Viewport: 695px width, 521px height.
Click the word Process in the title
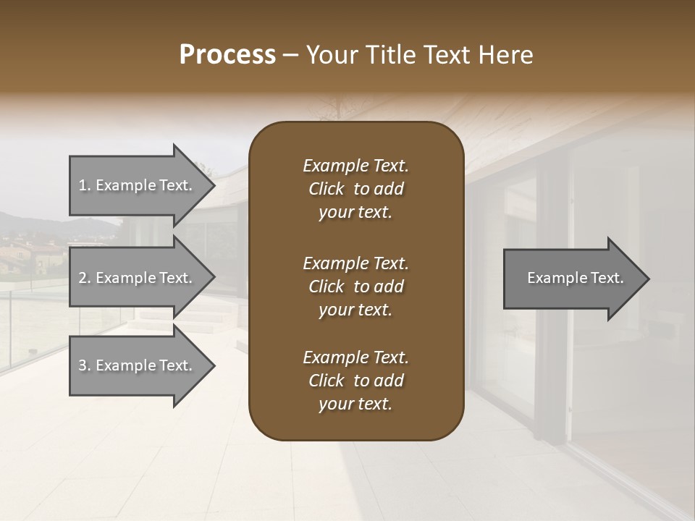(x=227, y=55)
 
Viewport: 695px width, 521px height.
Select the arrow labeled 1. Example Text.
(x=138, y=186)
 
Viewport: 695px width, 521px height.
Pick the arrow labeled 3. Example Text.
(x=138, y=365)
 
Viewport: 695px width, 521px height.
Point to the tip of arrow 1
(x=214, y=186)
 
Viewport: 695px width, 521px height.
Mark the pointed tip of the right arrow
(x=648, y=279)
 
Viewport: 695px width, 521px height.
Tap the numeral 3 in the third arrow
(x=83, y=365)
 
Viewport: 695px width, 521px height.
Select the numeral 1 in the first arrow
(x=83, y=186)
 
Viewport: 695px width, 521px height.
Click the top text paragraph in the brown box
(x=355, y=189)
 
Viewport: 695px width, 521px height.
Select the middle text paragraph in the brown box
(x=355, y=287)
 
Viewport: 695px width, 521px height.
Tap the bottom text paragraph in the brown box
(x=355, y=381)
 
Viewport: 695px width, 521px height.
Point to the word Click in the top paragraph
(x=326, y=190)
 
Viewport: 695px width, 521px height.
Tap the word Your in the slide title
(x=331, y=55)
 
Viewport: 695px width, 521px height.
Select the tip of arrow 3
(x=214, y=365)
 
